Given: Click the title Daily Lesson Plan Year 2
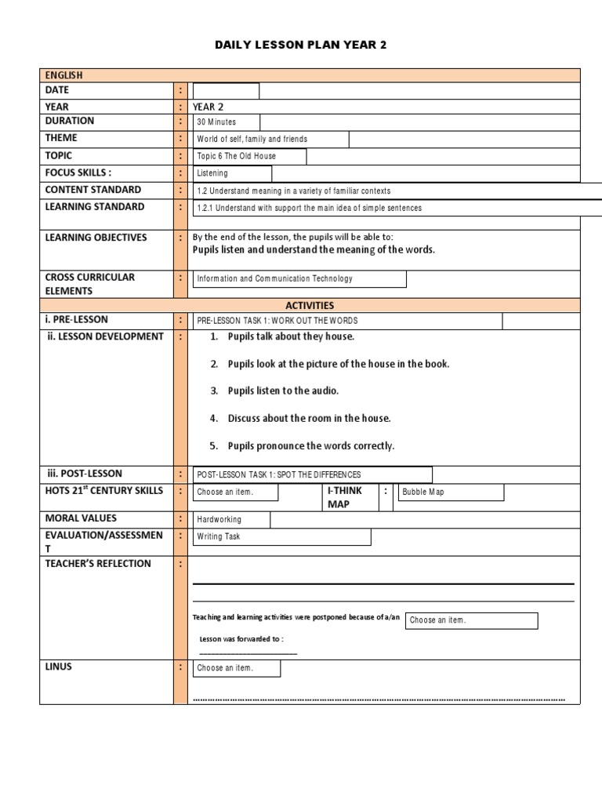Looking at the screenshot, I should click(x=301, y=45).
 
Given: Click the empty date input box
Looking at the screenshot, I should click(x=226, y=91).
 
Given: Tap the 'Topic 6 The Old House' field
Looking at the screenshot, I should click(x=249, y=156).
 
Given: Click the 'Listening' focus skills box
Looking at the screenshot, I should click(x=232, y=173).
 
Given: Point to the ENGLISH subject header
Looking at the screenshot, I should click(x=63, y=75).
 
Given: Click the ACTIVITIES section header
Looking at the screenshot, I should click(x=310, y=305).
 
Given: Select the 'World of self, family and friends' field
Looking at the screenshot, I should click(x=270, y=140).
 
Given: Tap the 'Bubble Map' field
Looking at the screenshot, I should click(x=451, y=492).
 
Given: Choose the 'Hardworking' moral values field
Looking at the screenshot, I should click(x=231, y=519).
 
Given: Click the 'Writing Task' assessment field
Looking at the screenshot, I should click(x=281, y=537).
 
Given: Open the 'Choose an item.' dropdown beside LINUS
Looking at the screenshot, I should click(x=236, y=668).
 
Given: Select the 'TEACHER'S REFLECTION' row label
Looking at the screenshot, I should click(x=98, y=564).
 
